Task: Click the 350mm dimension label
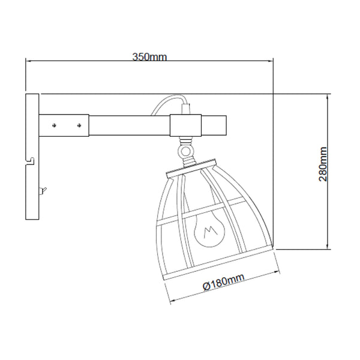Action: pyautogui.click(x=149, y=57)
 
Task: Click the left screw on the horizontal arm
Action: pyautogui.click(x=55, y=125)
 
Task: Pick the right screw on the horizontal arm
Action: pyautogui.click(x=79, y=125)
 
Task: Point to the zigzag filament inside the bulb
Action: pyautogui.click(x=209, y=232)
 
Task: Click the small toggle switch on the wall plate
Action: pyautogui.click(x=41, y=191)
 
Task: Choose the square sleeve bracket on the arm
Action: pyautogui.click(x=187, y=125)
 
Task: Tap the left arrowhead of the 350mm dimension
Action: pyautogui.click(x=28, y=61)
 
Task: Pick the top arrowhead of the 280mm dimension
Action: pyautogui.click(x=328, y=97)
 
